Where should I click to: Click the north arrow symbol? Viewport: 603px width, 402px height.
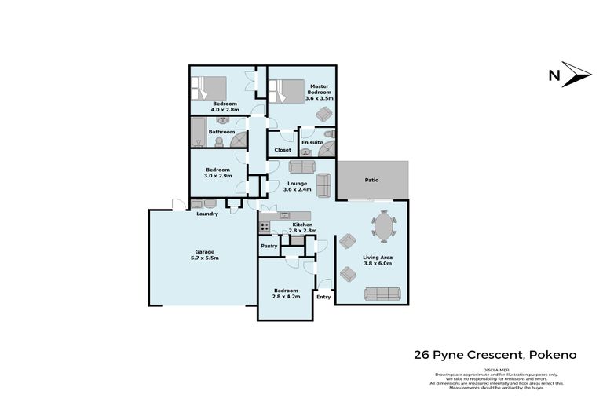[x=576, y=74]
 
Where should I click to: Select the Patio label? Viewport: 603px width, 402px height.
[x=371, y=180]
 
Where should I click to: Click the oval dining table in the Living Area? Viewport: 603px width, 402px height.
[x=384, y=228]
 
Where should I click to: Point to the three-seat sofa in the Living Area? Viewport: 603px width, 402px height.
[x=382, y=294]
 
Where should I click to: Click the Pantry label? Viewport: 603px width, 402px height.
[x=269, y=246]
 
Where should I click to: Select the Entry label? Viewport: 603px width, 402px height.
[x=323, y=297]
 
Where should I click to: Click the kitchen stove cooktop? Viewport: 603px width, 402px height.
[x=265, y=228]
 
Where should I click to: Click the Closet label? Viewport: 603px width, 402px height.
[x=283, y=149]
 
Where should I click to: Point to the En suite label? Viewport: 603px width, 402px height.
[x=312, y=142]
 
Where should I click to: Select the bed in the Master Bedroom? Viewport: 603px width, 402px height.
[x=287, y=91]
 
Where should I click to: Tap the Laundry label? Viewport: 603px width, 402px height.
[x=207, y=214]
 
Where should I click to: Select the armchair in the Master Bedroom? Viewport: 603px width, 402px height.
[x=323, y=115]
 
